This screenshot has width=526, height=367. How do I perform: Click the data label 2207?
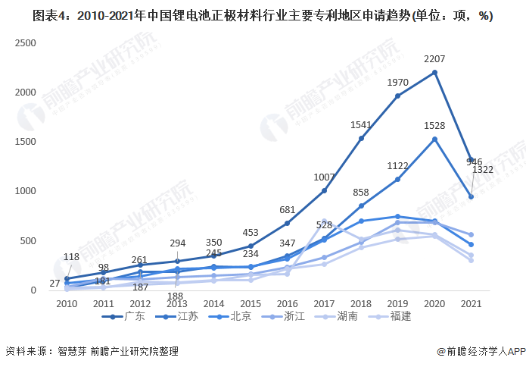[434, 59]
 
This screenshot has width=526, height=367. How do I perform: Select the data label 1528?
[434, 125]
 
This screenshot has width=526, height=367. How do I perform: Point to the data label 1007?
[325, 177]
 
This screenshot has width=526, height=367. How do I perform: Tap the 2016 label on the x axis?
[288, 303]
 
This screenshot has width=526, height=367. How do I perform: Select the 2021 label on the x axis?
[471, 303]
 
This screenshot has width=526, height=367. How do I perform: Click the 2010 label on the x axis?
[67, 303]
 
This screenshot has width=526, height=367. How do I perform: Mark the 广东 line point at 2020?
[434, 72]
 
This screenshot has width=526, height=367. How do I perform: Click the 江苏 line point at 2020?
[434, 139]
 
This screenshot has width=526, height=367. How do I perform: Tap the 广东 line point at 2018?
[361, 138]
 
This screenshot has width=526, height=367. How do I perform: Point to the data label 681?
[288, 210]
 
